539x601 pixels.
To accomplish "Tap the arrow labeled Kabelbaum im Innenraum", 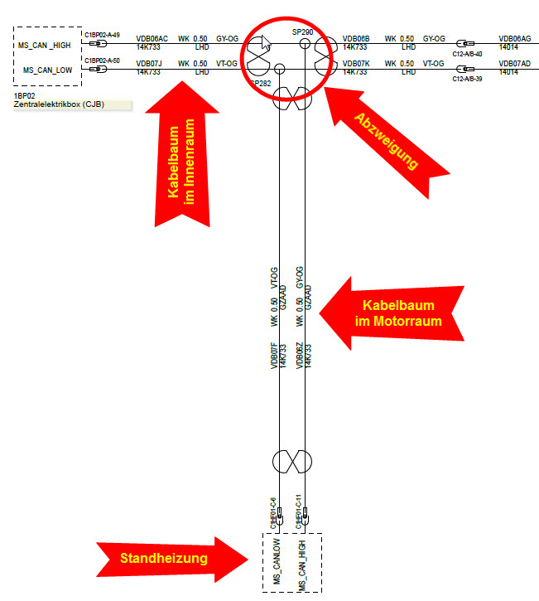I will click(186, 162).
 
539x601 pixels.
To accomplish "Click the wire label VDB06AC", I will click(152, 38).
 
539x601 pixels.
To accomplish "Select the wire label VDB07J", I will click(149, 63).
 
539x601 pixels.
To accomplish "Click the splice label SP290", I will click(302, 31).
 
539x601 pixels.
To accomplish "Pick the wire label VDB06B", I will click(356, 38).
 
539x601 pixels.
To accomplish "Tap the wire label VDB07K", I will click(356, 63).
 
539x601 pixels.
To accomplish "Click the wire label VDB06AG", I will click(515, 38).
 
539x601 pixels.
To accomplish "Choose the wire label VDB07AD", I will click(515, 63).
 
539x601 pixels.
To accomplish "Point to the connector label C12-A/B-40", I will click(468, 53).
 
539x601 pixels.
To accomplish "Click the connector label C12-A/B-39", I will click(468, 79).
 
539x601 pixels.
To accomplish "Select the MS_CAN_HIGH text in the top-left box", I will click(46, 44).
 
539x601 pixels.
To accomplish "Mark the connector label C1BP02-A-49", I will click(102, 35).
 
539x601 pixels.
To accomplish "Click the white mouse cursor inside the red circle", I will click(258, 51).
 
